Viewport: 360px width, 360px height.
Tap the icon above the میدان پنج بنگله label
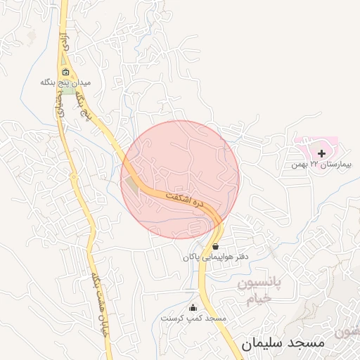[65, 72]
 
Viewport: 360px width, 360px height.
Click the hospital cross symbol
[322, 153]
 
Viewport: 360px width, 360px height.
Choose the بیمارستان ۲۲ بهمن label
[320, 165]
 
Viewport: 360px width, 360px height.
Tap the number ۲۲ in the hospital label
[314, 165]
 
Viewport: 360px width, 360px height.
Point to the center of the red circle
[180, 179]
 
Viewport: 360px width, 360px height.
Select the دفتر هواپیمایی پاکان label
[215, 257]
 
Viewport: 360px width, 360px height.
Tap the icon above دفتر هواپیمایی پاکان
[215, 247]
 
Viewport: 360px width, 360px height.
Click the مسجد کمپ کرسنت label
[193, 318]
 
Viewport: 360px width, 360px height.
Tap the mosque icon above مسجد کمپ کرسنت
[193, 307]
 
